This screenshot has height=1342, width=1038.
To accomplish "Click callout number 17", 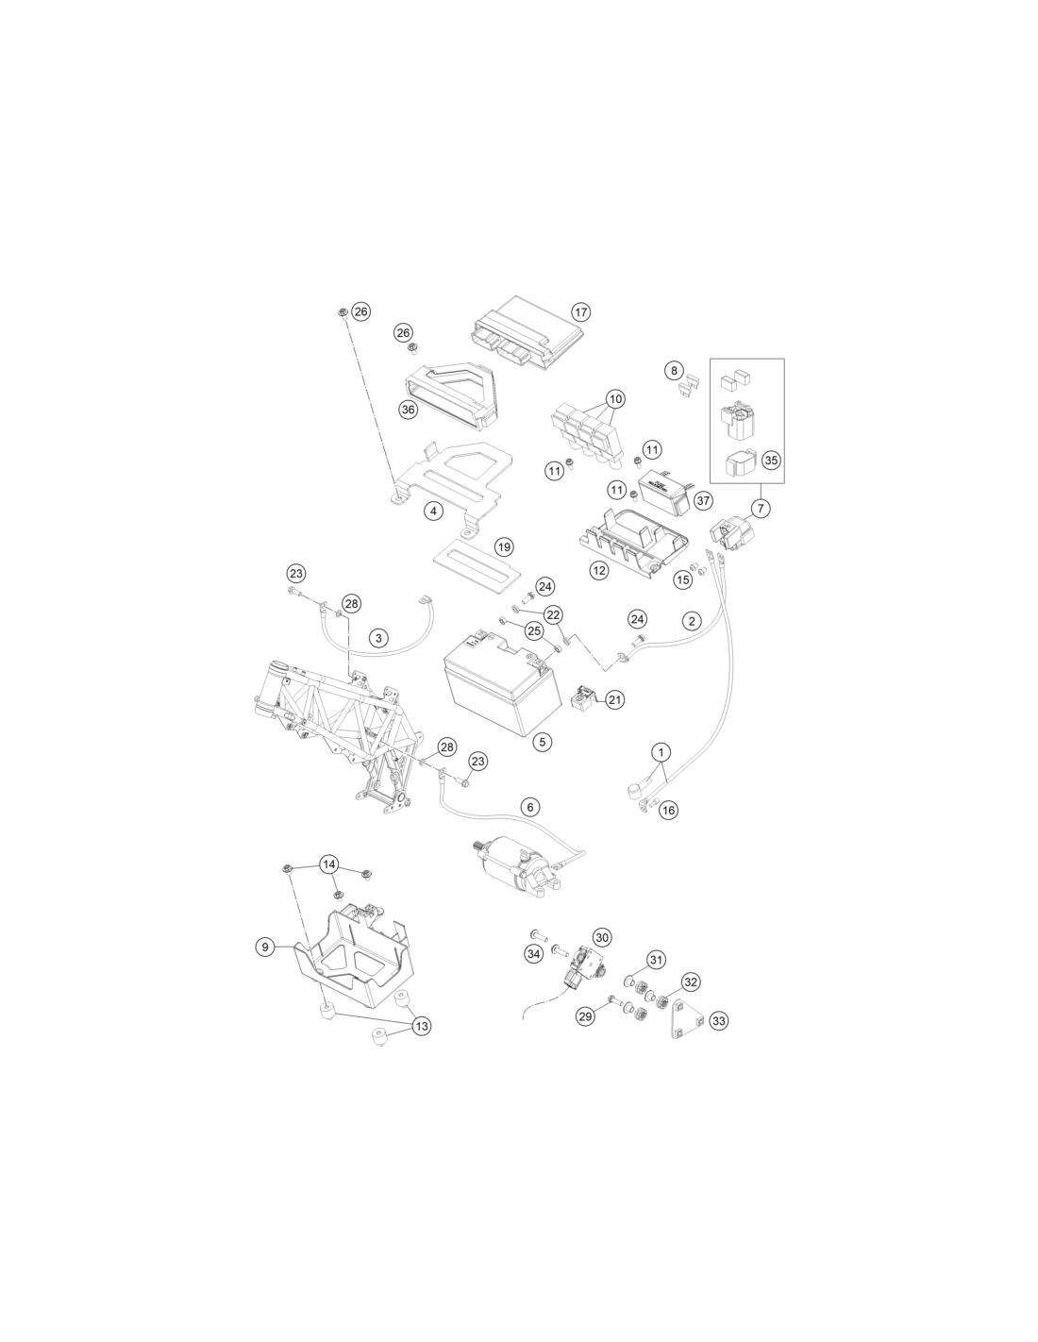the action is coord(579,311).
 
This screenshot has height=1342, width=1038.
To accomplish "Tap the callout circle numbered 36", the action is coord(409,410).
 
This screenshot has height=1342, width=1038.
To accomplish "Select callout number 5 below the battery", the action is coord(543,742).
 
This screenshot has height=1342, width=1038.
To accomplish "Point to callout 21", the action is coord(614,699).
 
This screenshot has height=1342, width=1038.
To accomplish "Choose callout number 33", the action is coord(719,1021).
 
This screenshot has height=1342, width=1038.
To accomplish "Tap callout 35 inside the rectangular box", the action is coord(771,461).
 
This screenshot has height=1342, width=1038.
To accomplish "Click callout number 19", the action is coord(505,547).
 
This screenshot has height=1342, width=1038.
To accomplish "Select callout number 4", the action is coord(434,511).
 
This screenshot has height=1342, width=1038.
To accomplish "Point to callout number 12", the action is coord(599,571).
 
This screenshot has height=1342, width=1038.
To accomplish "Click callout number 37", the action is coord(703,500).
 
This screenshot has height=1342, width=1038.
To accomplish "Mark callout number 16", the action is coord(668,810).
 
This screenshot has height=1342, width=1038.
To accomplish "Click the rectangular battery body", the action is coord(500,685).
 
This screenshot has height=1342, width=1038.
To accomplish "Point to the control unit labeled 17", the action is coord(527,333).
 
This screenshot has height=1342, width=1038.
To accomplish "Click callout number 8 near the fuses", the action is coord(675,371).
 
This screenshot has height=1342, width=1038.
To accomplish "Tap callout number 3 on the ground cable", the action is coord(379,638).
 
